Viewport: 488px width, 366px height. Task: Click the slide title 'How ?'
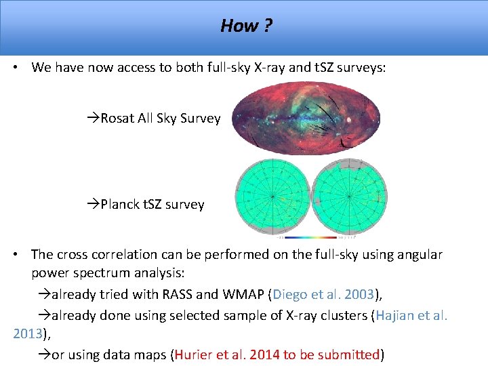246,26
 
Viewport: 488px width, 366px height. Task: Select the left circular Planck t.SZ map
272,197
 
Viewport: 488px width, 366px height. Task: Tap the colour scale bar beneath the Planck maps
310,237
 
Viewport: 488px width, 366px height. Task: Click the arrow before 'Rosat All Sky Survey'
94,119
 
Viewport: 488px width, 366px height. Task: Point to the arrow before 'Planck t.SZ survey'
94,204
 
